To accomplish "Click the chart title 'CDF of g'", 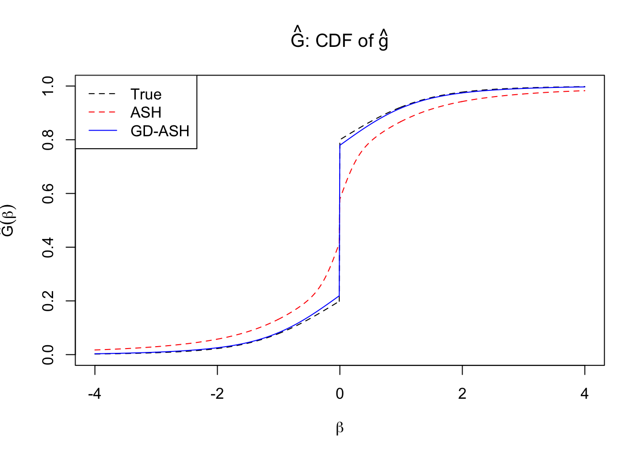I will (339, 40).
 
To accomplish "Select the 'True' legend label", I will (146, 94).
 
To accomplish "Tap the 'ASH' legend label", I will (146, 112).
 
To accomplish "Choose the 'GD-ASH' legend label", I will (160, 131).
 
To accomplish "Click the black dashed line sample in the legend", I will (102, 94).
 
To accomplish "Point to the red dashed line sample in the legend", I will (102, 112).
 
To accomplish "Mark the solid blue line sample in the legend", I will (102, 131).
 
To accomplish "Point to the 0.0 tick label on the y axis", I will (48, 355).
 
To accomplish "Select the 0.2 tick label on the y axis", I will (48, 301).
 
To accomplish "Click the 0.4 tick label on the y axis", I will (48, 247).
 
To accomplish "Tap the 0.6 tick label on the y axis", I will (48, 194).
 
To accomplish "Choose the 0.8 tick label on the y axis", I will (48, 140).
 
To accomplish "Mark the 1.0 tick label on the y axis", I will (48, 86).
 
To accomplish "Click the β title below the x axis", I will (340, 428).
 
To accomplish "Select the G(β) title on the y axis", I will (9, 220).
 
